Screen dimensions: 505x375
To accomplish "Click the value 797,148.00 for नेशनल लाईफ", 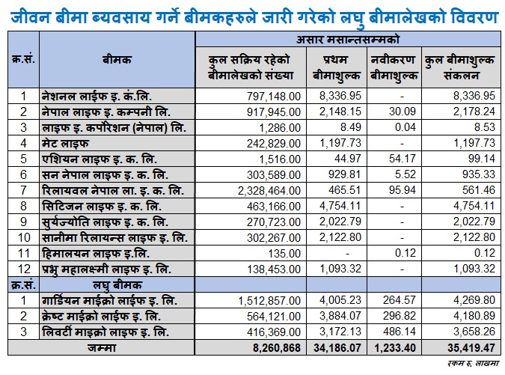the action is tap(274, 96).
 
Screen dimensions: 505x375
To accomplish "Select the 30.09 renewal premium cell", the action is tap(403, 112).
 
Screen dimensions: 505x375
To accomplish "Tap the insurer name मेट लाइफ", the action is tap(65, 144).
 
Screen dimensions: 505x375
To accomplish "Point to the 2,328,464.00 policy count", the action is tap(269, 190).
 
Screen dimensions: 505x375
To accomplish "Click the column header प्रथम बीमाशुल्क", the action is tap(337, 67).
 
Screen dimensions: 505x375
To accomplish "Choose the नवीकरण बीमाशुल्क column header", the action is tap(394, 67).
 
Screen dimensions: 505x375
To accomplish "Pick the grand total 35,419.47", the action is tap(471, 348).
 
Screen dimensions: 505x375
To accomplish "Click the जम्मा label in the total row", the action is tap(102, 348).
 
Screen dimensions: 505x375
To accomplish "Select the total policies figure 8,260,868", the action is tap(277, 348).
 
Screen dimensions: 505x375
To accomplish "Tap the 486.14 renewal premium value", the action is tap(400, 332).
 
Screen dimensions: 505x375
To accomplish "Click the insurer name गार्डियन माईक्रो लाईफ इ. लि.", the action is tap(109, 301).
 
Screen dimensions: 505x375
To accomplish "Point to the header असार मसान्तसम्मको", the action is tap(348, 40).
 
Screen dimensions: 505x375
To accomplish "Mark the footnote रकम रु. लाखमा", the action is tap(473, 364).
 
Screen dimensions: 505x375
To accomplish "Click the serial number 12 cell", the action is tap(24, 269).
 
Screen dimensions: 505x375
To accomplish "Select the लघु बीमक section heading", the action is tap(117, 285).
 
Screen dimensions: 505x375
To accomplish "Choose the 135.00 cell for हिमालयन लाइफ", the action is tap(285, 254).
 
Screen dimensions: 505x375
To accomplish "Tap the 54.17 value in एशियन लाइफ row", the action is tap(403, 159).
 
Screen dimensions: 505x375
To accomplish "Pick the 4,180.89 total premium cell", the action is tap(474, 316).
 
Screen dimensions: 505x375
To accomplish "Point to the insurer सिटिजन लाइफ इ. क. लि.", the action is tap(102, 206).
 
